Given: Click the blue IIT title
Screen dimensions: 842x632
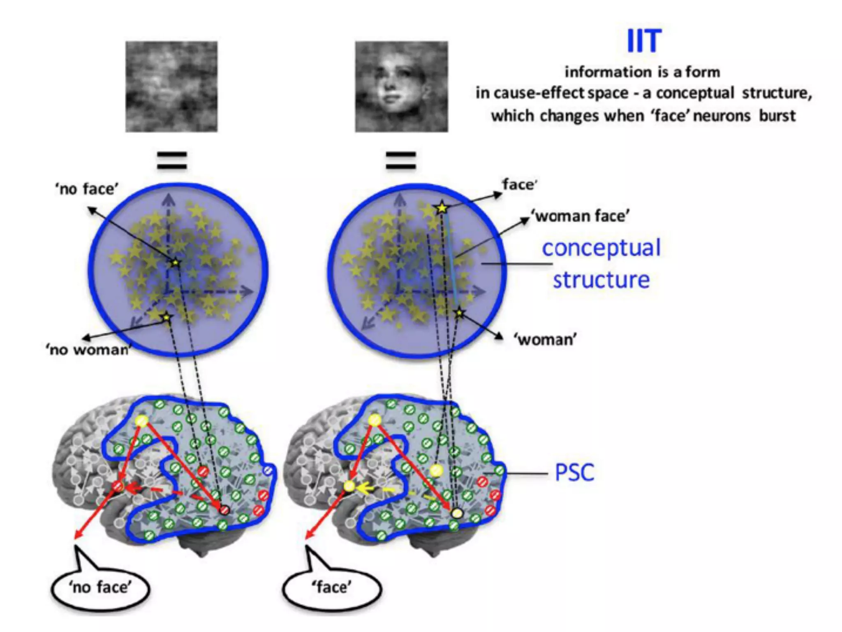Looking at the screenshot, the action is pyautogui.click(x=644, y=41).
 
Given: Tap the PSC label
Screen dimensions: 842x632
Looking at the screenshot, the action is pyautogui.click(x=574, y=472).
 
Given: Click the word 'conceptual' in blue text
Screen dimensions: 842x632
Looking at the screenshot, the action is pyautogui.click(x=601, y=249).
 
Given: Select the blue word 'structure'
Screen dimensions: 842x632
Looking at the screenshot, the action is pyautogui.click(x=601, y=280).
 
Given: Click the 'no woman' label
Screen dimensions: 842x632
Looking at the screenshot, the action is pyautogui.click(x=89, y=350).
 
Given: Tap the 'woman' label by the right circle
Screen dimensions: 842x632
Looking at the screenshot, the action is pyautogui.click(x=545, y=340).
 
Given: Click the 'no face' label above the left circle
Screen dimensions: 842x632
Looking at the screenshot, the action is pyautogui.click(x=87, y=189).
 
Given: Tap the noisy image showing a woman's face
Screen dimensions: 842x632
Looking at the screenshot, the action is pyautogui.click(x=402, y=86).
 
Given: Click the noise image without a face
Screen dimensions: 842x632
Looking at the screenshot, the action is pyautogui.click(x=171, y=86).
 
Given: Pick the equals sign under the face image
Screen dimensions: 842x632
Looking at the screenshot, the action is pyautogui.click(x=401, y=160).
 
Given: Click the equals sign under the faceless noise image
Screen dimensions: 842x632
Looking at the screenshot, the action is pyautogui.click(x=172, y=160).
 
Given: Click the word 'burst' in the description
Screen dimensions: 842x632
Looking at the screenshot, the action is pyautogui.click(x=777, y=116).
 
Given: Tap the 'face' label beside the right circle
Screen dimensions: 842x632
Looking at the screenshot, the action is pyautogui.click(x=519, y=185).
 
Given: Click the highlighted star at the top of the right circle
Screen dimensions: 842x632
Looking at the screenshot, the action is pyautogui.click(x=442, y=208).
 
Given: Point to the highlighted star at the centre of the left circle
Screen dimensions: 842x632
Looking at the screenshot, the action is pyautogui.click(x=176, y=263).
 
